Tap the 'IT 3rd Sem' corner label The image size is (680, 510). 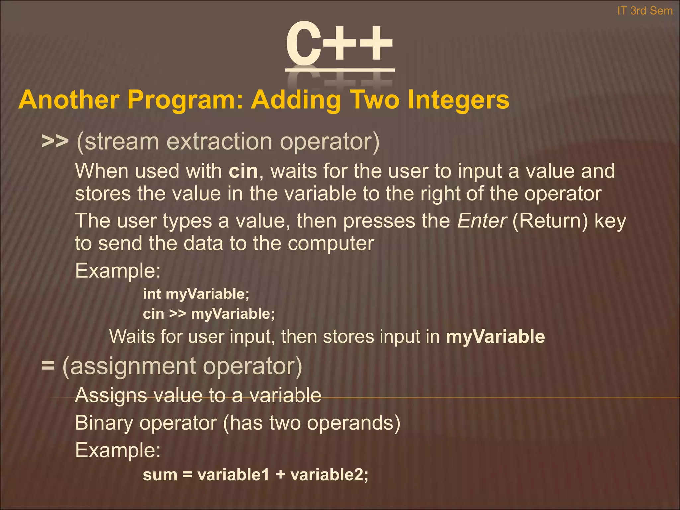(x=644, y=11)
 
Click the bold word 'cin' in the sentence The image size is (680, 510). (x=243, y=171)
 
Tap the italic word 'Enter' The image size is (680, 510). (x=482, y=221)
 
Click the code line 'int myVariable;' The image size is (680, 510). (x=196, y=294)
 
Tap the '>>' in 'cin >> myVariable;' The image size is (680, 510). (x=177, y=314)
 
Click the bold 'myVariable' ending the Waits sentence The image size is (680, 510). (x=495, y=336)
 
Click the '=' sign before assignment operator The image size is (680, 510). (x=48, y=366)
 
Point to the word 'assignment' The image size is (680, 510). (x=133, y=366)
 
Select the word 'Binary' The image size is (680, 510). (x=104, y=423)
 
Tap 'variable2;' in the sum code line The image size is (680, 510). (x=329, y=474)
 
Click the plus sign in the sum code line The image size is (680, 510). (x=280, y=475)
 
